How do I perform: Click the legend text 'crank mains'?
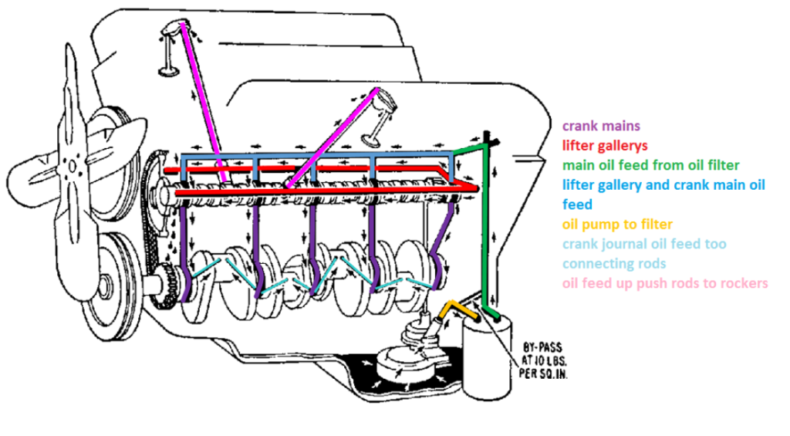[601, 125]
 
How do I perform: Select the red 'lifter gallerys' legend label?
[605, 145]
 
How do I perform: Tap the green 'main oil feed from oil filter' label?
[651, 165]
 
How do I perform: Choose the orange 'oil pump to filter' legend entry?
[617, 225]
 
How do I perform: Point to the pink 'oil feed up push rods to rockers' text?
[665, 283]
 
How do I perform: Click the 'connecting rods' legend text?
[614, 264]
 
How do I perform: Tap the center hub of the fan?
[71, 164]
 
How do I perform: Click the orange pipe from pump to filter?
[455, 310]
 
